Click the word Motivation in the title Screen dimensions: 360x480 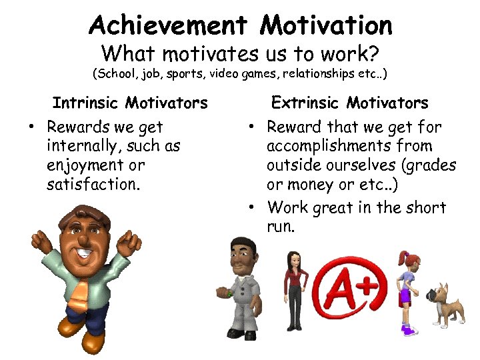(x=326, y=25)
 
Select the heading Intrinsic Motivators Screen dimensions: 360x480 (x=130, y=103)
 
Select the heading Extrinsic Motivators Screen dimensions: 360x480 (x=349, y=103)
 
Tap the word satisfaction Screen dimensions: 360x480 (x=93, y=183)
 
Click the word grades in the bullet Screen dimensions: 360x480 (x=431, y=164)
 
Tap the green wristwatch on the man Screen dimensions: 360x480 (x=229, y=292)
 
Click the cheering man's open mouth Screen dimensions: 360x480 (x=84, y=253)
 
